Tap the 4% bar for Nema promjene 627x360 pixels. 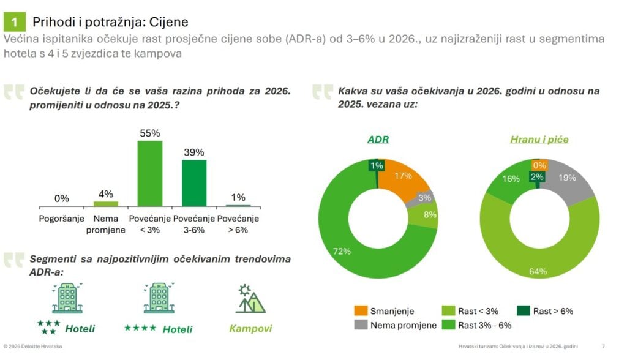[105, 203]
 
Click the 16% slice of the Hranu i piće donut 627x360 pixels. [508, 181]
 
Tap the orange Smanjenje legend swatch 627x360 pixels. [361, 311]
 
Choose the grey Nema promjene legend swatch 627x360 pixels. [361, 324]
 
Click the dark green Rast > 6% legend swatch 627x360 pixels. [524, 311]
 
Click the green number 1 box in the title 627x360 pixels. [14, 23]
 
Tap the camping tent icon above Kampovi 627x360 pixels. [250, 299]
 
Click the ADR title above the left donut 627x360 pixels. [378, 140]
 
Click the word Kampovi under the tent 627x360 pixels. [250, 329]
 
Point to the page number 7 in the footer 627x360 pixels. [604, 347]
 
